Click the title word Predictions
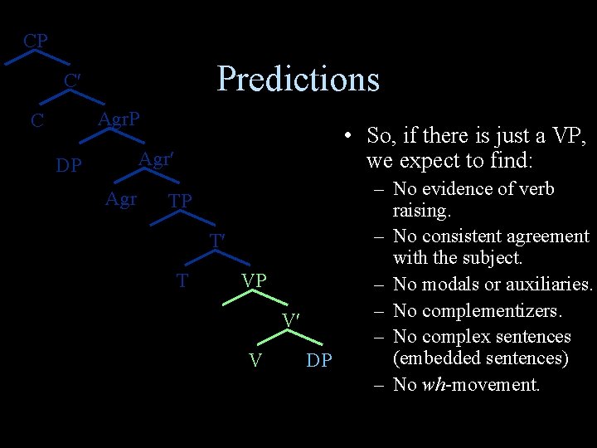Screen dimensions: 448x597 (298, 79)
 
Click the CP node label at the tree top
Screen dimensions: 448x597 (35, 41)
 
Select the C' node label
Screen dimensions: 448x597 (72, 81)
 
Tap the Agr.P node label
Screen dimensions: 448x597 (119, 119)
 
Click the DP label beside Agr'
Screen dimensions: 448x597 (68, 166)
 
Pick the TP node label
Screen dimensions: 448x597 (180, 201)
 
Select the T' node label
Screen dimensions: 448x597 (217, 241)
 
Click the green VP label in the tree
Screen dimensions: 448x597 (254, 280)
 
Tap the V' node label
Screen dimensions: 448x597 (290, 320)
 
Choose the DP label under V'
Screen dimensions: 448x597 (319, 360)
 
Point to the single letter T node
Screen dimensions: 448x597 (182, 280)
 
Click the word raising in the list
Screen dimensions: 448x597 (421, 211)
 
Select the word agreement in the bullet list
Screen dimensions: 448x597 (548, 236)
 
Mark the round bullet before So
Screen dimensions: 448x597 (352, 137)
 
